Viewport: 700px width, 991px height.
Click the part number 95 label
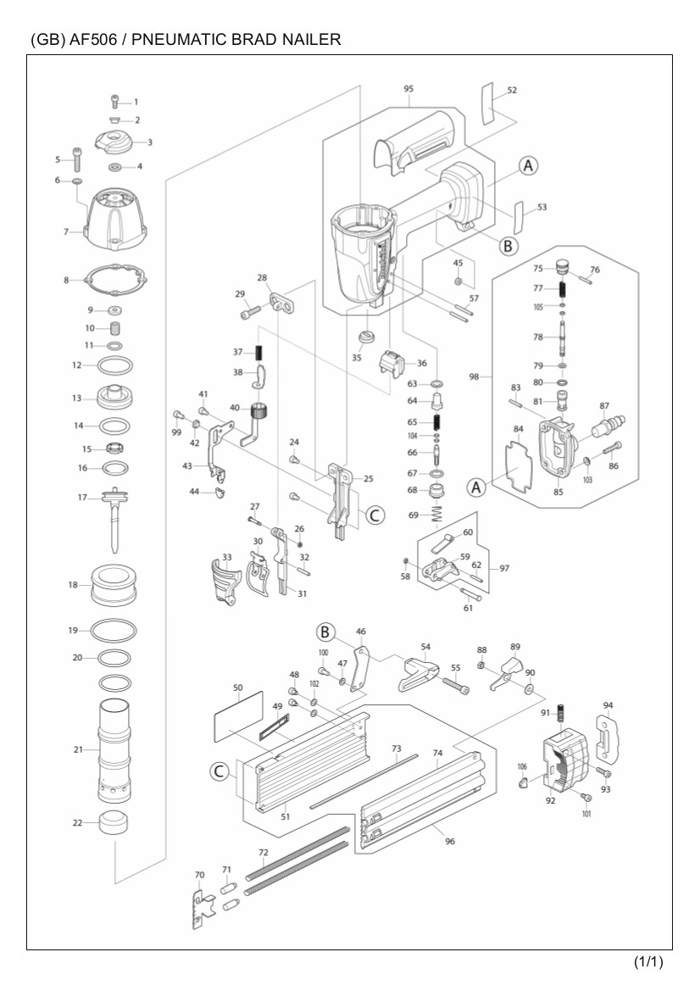pyautogui.click(x=408, y=89)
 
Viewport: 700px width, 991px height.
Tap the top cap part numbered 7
pyautogui.click(x=116, y=219)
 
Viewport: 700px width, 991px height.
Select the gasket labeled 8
pyautogui.click(x=116, y=280)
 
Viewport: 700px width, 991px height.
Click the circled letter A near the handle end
pyautogui.click(x=528, y=166)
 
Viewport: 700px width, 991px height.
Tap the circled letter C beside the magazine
pyautogui.click(x=219, y=771)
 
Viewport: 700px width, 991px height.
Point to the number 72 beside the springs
pyautogui.click(x=263, y=851)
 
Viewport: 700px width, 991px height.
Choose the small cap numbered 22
pyautogui.click(x=115, y=822)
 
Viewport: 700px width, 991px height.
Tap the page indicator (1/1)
pyautogui.click(x=647, y=962)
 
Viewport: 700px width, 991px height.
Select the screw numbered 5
pyautogui.click(x=77, y=159)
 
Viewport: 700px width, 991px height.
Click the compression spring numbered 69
pyautogui.click(x=438, y=515)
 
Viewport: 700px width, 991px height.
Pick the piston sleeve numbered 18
pyautogui.click(x=114, y=584)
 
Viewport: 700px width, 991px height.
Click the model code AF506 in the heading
pyautogui.click(x=91, y=40)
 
